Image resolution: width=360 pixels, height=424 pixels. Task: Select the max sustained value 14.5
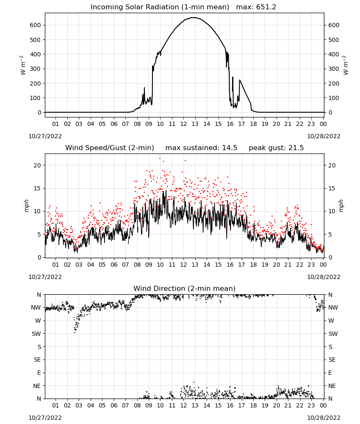tap(230, 148)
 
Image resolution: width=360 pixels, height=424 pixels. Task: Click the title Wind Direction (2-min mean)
tap(185, 288)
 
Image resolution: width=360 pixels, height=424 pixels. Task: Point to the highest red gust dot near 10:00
tap(160, 159)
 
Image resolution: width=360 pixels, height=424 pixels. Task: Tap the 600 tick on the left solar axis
tap(36, 25)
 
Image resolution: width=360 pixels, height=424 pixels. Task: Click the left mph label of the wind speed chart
tap(26, 206)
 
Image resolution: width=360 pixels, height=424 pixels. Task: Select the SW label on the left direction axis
tap(36, 334)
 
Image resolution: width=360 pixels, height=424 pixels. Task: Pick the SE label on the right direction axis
tap(332, 360)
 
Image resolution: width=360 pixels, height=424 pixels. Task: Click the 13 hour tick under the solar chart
tap(195, 124)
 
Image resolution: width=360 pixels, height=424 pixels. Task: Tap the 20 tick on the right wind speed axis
tap(332, 165)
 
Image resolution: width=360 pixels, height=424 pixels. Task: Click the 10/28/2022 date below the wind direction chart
tap(324, 418)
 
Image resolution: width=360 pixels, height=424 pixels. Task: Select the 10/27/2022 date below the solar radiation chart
tap(45, 136)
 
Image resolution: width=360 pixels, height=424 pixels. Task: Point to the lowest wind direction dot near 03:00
tap(75, 332)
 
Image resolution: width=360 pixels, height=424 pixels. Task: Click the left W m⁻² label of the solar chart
tap(23, 65)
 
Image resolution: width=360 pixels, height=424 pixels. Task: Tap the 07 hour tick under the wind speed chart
tap(125, 265)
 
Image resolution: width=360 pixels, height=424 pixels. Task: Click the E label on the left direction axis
tap(39, 373)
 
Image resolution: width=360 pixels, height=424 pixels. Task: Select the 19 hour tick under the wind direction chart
tap(265, 405)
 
